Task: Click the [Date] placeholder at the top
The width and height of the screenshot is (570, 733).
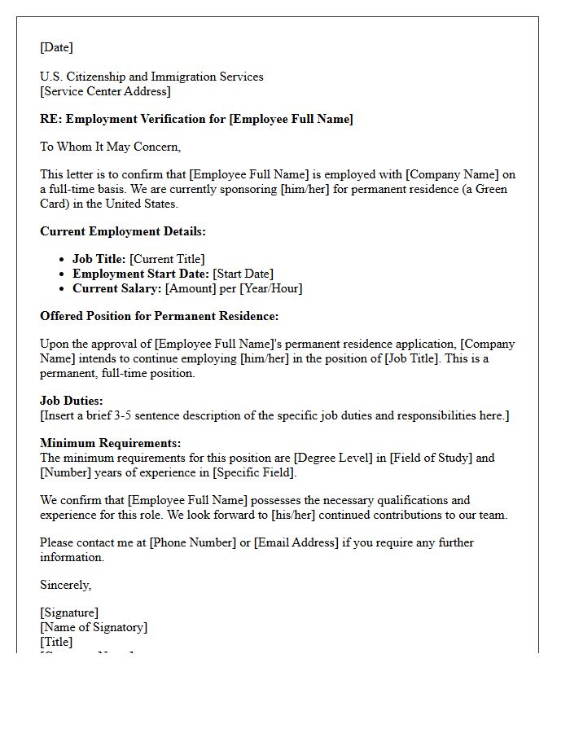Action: click(x=56, y=47)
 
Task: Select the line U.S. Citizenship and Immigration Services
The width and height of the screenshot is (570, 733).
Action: click(x=151, y=77)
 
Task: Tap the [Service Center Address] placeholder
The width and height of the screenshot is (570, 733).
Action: click(x=105, y=91)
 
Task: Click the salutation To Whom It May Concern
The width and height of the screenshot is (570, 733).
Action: click(x=110, y=147)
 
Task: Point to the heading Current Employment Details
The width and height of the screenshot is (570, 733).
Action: click(x=122, y=231)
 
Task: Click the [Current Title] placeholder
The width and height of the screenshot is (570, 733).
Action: click(x=167, y=259)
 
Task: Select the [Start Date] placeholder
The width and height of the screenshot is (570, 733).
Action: click(x=243, y=274)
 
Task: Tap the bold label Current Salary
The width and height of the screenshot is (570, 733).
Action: click(x=116, y=288)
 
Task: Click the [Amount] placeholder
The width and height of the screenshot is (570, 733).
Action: click(x=191, y=288)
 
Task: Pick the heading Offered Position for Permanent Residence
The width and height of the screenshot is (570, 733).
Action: click(x=159, y=316)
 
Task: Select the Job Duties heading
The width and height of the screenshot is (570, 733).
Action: click(x=72, y=401)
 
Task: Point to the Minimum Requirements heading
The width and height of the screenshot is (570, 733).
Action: click(x=111, y=443)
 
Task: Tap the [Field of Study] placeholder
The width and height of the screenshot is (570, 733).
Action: click(x=431, y=458)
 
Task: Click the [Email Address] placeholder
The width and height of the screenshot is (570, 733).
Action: click(x=296, y=542)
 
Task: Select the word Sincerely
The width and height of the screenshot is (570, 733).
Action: click(x=65, y=585)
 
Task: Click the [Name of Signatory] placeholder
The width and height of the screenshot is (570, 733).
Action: click(x=94, y=627)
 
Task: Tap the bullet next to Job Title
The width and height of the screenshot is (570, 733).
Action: click(x=63, y=259)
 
